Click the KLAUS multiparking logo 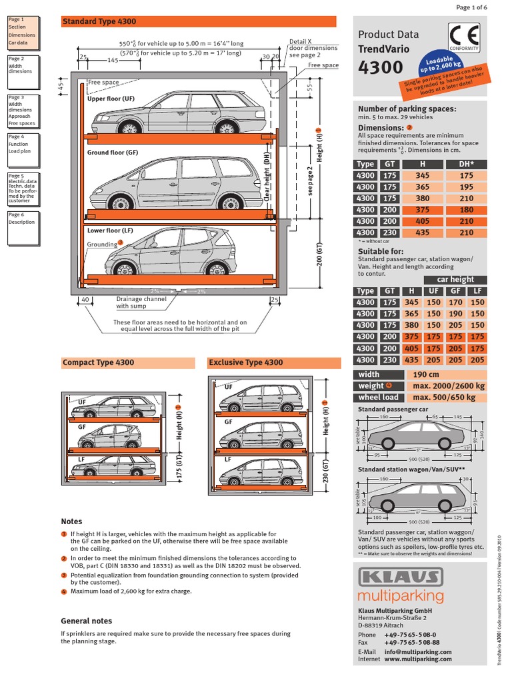(401, 584)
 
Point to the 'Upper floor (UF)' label (111, 99)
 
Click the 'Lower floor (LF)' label (110, 230)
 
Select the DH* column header (466, 164)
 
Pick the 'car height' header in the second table (455, 280)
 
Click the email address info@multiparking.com (418, 652)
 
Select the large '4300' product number (381, 67)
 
